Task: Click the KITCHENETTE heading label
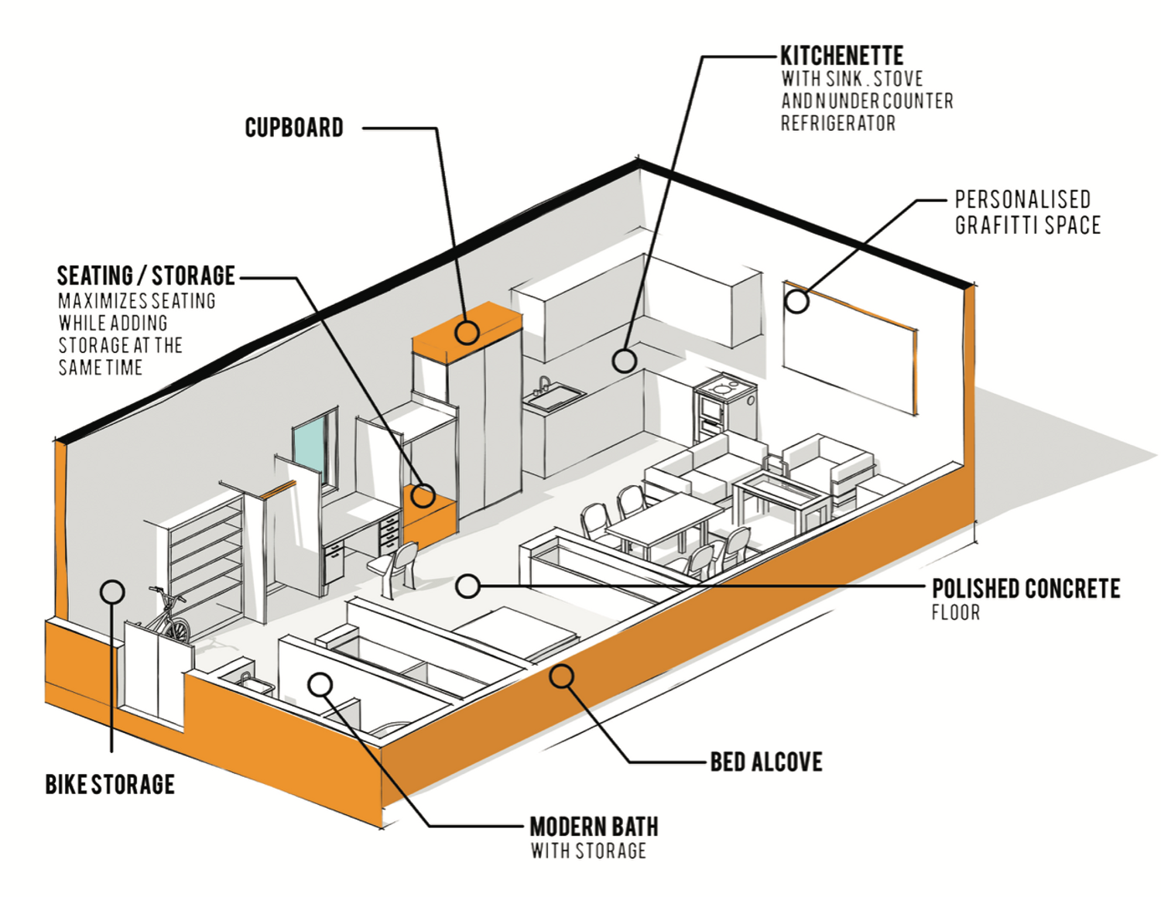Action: coord(841,56)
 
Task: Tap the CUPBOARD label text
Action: coord(294,128)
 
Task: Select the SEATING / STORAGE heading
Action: coord(146,276)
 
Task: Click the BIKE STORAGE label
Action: coord(110,784)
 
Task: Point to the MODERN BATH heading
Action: coord(594,827)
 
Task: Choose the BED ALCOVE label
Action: coord(766,762)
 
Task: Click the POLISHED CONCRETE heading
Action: coord(1026,589)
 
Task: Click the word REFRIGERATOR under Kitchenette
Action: coord(837,124)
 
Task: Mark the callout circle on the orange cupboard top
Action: coord(467,332)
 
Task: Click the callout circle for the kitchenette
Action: coord(624,360)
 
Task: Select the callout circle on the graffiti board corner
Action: coord(796,301)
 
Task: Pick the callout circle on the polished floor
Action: coord(467,586)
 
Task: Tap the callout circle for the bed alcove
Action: coord(562,676)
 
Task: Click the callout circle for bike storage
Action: coord(113,592)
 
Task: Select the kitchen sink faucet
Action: coord(544,385)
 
